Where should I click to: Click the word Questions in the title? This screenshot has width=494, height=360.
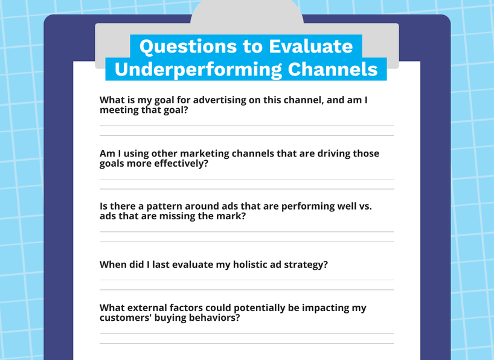tap(188, 47)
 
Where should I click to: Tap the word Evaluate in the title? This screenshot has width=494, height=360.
tap(310, 46)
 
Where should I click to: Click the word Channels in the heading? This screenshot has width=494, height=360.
tap(332, 69)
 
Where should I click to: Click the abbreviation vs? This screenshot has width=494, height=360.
tap(365, 207)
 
